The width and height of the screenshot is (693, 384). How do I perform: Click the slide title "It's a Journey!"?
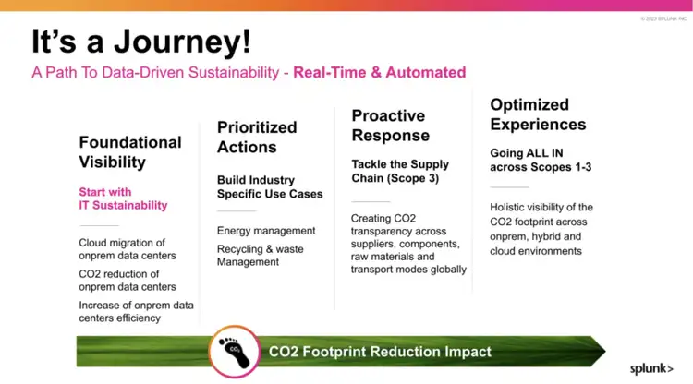(141, 42)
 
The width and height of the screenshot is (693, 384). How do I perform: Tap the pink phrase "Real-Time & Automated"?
(379, 72)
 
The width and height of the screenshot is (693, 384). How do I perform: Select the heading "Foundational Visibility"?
(130, 152)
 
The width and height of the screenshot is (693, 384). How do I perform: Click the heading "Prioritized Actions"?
(257, 137)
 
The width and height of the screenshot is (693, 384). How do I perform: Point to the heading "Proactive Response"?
(388, 126)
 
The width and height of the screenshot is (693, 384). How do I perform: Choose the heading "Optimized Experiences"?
(538, 114)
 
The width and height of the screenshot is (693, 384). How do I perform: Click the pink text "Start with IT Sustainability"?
(123, 198)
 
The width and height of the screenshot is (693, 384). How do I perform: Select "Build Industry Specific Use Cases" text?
(270, 186)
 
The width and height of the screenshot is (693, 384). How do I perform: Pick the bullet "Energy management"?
(266, 231)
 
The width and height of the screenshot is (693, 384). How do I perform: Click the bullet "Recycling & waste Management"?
(260, 256)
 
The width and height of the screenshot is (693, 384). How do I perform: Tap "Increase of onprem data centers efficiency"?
(136, 311)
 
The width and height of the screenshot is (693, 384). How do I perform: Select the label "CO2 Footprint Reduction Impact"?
(379, 352)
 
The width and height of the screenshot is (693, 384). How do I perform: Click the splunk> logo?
(651, 368)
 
